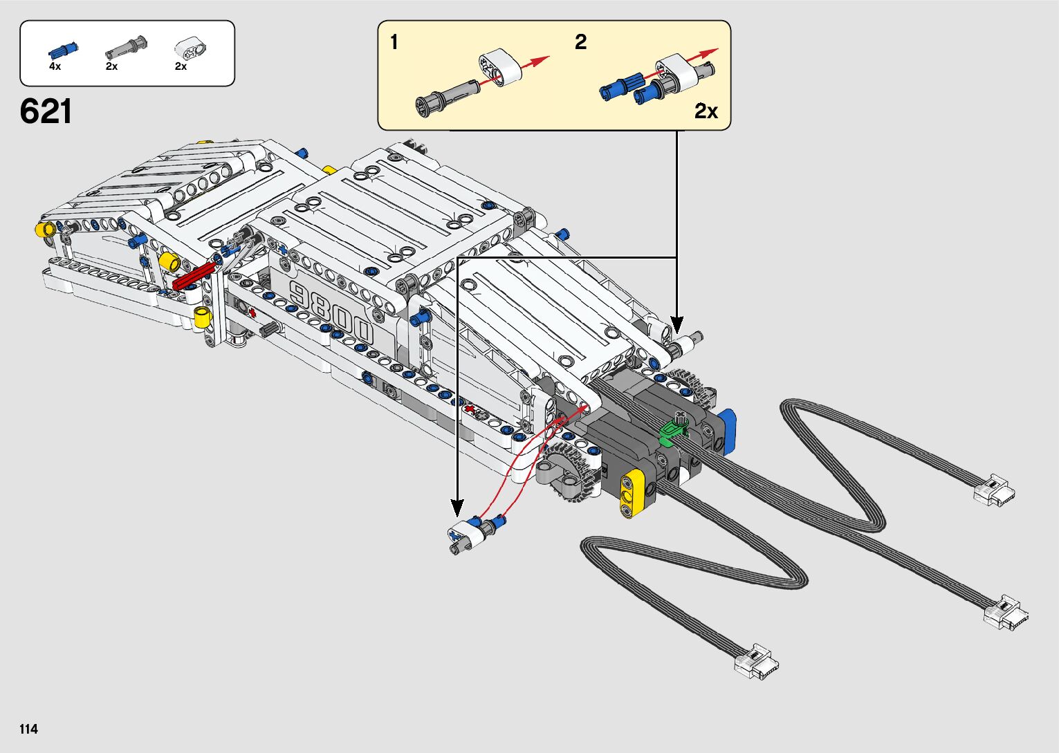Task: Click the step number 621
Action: [46, 111]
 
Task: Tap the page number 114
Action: [29, 729]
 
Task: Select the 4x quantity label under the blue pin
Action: [55, 66]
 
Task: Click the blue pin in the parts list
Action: [62, 50]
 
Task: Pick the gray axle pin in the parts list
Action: [125, 48]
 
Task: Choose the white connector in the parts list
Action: [191, 48]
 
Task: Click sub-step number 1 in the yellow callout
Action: [394, 42]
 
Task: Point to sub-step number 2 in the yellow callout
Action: [580, 42]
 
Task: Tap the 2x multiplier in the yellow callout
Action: [706, 111]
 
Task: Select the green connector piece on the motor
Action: [671, 432]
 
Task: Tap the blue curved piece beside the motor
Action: [727, 431]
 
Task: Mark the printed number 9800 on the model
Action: [332, 312]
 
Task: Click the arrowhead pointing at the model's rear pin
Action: [677, 324]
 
